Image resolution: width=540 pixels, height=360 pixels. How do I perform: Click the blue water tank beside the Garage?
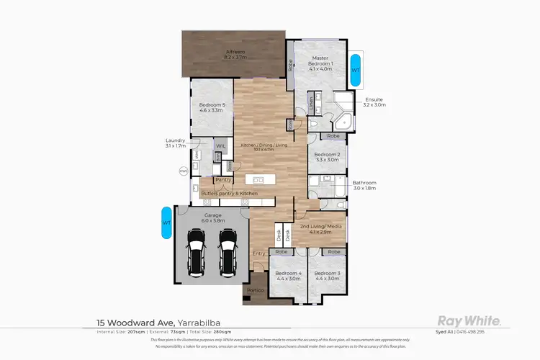tap(166, 223)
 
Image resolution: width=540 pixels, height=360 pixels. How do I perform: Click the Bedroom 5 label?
tap(212, 109)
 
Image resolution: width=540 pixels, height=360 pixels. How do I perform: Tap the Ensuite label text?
tap(374, 102)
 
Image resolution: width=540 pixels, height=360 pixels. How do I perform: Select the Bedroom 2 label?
tap(327, 156)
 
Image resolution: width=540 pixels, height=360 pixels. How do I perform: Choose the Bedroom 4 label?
tap(289, 276)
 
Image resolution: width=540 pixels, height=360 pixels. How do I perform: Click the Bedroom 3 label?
tap(326, 276)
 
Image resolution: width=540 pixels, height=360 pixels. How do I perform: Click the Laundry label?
tap(175, 143)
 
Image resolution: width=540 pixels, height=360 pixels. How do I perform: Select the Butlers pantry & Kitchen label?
tap(229, 194)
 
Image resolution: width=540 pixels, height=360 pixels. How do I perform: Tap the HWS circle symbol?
tap(183, 171)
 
